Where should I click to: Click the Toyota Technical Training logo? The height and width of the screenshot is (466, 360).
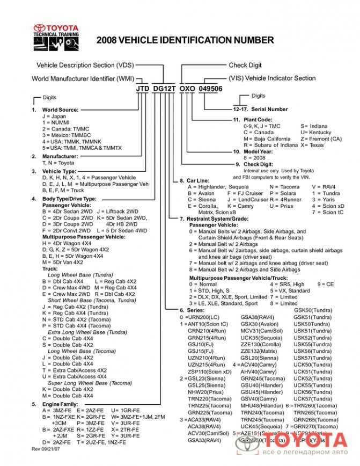[57, 35]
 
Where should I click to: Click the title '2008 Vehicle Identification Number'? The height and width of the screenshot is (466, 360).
[185, 40]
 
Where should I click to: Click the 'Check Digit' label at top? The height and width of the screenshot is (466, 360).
[245, 65]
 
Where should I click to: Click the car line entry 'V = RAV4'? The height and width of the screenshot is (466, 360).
[324, 187]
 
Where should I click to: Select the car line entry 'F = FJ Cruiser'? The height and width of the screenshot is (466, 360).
[245, 193]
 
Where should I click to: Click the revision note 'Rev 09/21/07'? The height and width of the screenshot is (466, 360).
[46, 448]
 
